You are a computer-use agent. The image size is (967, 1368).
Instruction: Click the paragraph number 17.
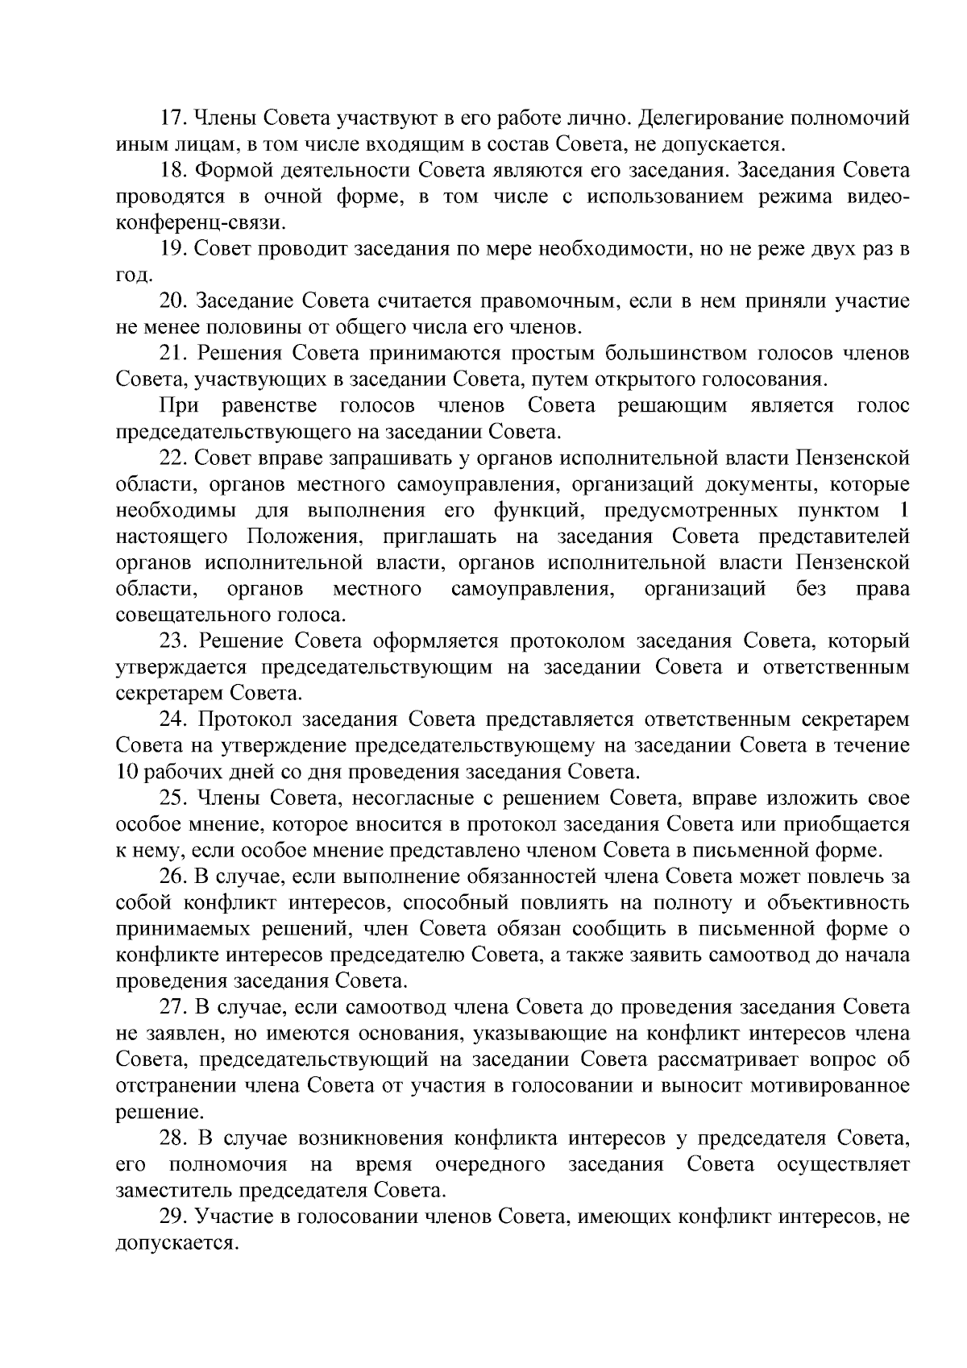[174, 118]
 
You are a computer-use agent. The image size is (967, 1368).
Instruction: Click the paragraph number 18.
[174, 171]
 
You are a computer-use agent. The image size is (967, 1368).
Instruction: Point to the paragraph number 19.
[174, 250]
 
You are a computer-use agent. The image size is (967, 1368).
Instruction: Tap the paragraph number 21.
[174, 354]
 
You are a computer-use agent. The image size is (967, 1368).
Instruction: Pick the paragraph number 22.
[174, 458]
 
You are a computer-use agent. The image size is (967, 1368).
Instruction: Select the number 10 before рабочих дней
[127, 773]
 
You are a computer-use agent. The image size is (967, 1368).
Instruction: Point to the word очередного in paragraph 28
[489, 1165]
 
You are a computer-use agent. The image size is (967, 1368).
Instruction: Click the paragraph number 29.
[174, 1217]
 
